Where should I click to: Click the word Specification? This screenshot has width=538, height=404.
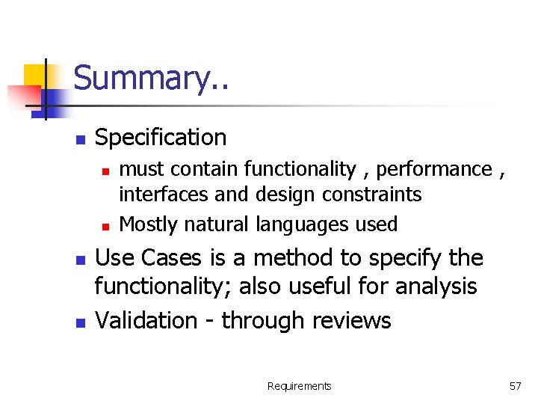[x=161, y=138]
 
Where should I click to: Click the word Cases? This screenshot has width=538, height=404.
[x=171, y=258]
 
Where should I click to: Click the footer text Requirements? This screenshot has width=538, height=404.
[x=299, y=386]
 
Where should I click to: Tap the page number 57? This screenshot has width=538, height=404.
[x=515, y=386]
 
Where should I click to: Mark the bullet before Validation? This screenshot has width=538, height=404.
[x=81, y=322]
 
